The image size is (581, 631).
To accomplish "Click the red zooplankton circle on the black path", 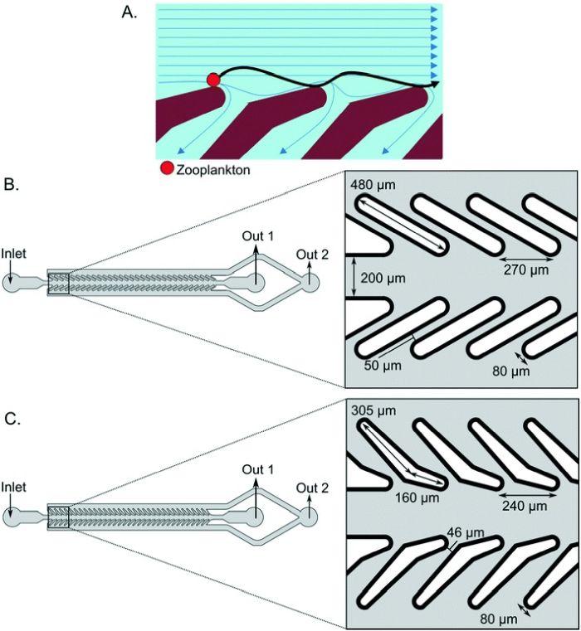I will pyautogui.click(x=213, y=80).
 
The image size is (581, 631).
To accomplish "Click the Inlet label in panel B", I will pyautogui.click(x=17, y=251).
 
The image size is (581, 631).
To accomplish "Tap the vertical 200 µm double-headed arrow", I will pyautogui.click(x=355, y=278).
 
